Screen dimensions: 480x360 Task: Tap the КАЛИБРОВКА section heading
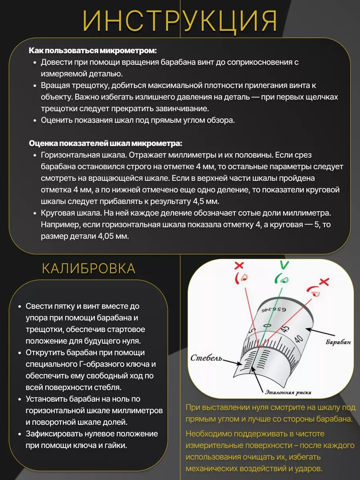coord(89,268)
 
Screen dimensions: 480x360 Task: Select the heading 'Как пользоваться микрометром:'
coord(92,51)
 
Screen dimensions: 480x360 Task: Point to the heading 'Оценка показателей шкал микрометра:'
coord(106,143)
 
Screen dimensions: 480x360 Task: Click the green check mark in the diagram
coord(284,265)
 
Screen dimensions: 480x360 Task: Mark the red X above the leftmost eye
coord(239,265)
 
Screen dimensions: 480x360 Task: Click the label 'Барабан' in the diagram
coord(338,343)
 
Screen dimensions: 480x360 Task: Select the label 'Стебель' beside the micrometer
coord(206,357)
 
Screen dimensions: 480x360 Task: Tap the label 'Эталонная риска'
coord(288,392)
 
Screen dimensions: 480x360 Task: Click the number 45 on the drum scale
coord(285,329)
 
